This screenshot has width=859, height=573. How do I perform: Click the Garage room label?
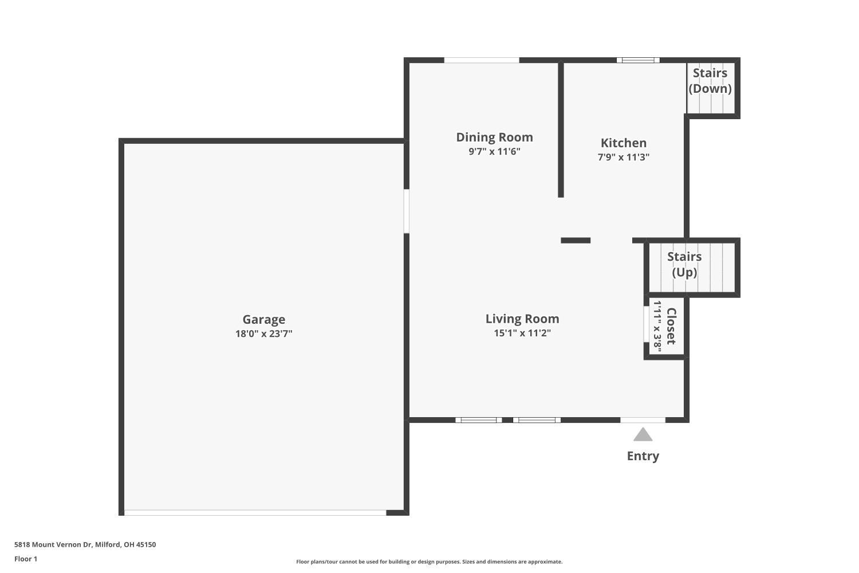pyautogui.click(x=263, y=319)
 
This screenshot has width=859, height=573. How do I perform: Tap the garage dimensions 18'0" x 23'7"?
pyautogui.click(x=263, y=333)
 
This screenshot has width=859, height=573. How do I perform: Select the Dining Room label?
pyautogui.click(x=494, y=137)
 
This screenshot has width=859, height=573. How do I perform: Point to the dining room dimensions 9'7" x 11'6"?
pyautogui.click(x=494, y=151)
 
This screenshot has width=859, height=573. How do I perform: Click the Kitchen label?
pyautogui.click(x=623, y=143)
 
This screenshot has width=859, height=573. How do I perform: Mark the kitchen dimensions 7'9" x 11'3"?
pyautogui.click(x=623, y=157)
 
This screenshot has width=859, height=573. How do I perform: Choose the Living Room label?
pyautogui.click(x=522, y=319)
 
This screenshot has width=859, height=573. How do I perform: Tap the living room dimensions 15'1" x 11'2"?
pyautogui.click(x=522, y=333)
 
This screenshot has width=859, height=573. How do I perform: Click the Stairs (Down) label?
pyautogui.click(x=710, y=81)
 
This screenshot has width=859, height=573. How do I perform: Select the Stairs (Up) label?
pyautogui.click(x=684, y=264)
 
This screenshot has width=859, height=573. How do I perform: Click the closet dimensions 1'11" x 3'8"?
pyautogui.click(x=657, y=327)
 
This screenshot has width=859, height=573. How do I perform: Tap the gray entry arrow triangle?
pyautogui.click(x=643, y=435)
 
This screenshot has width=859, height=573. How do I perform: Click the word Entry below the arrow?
pyautogui.click(x=643, y=456)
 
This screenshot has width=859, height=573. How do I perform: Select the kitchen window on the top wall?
pyautogui.click(x=638, y=60)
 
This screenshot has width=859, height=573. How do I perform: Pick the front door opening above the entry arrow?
pyautogui.click(x=643, y=420)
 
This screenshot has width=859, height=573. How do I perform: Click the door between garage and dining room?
pyautogui.click(x=407, y=211)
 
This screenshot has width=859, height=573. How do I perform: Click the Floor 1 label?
pyautogui.click(x=26, y=559)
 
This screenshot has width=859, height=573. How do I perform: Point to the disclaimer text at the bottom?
pyautogui.click(x=429, y=562)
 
